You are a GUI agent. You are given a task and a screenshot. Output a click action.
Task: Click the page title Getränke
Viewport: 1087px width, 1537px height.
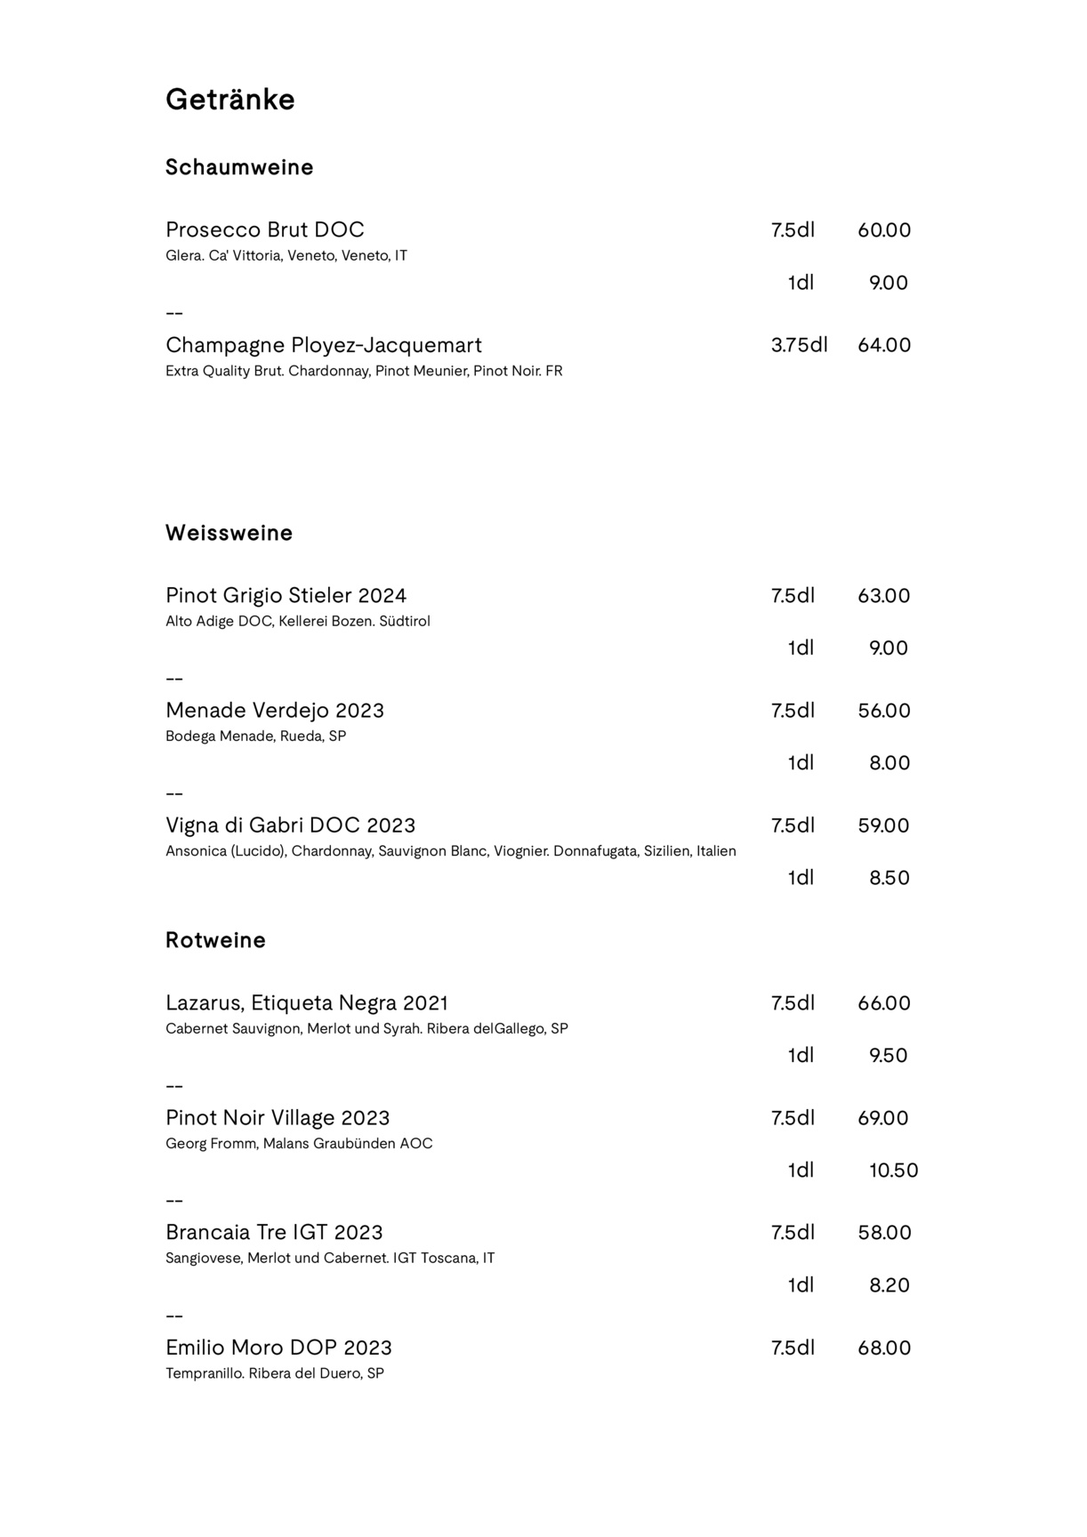(229, 100)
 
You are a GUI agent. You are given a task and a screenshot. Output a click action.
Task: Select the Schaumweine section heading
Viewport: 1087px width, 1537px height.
(239, 167)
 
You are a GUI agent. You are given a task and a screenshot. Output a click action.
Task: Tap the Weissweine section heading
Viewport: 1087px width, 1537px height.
(229, 533)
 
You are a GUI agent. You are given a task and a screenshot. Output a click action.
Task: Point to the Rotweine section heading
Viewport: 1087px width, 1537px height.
(215, 940)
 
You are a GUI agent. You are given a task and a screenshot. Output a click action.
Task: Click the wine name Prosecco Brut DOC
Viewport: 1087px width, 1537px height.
(264, 229)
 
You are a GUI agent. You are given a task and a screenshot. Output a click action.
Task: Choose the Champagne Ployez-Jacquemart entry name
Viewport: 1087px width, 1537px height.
(323, 345)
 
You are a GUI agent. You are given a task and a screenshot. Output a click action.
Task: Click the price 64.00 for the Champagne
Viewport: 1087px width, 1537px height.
(883, 345)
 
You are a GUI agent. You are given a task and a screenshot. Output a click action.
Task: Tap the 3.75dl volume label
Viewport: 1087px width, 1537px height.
(799, 345)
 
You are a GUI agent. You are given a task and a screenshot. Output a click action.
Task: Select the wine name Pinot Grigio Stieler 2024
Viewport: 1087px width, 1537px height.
(286, 595)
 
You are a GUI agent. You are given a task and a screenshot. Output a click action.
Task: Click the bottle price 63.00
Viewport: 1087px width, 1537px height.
(883, 595)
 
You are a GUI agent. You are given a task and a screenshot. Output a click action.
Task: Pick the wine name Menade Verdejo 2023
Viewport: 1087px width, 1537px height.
(274, 711)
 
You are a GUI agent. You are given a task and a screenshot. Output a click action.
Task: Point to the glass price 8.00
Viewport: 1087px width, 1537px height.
(889, 763)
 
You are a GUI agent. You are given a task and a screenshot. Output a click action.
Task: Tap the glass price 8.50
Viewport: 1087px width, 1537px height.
(889, 878)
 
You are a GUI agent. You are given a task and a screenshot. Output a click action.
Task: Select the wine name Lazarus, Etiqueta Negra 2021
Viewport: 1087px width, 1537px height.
(307, 1003)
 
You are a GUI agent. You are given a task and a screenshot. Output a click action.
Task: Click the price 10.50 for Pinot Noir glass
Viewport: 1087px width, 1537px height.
(893, 1171)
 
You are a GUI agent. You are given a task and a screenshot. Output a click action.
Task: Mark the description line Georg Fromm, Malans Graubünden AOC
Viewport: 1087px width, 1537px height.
(299, 1144)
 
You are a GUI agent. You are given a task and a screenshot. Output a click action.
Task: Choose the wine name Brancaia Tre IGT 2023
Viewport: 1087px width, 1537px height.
(274, 1233)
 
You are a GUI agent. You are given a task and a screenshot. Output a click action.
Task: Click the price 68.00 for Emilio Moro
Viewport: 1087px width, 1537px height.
(883, 1348)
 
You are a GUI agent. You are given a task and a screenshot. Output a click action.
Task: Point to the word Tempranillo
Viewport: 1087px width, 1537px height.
(205, 1373)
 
